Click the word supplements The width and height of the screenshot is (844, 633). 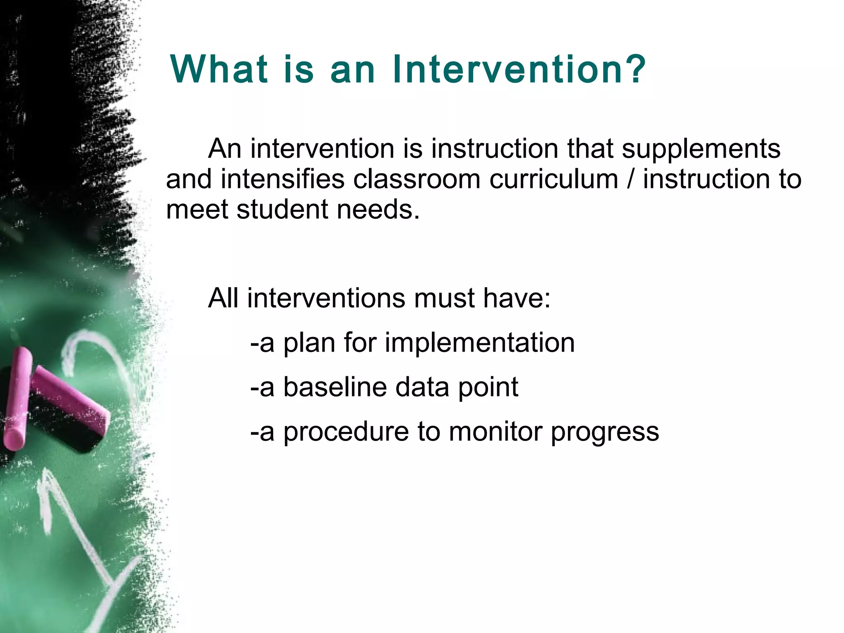click(701, 149)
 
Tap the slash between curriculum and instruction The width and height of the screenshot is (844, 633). click(631, 180)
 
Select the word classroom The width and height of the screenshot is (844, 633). click(417, 180)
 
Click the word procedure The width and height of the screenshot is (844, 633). click(346, 433)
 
